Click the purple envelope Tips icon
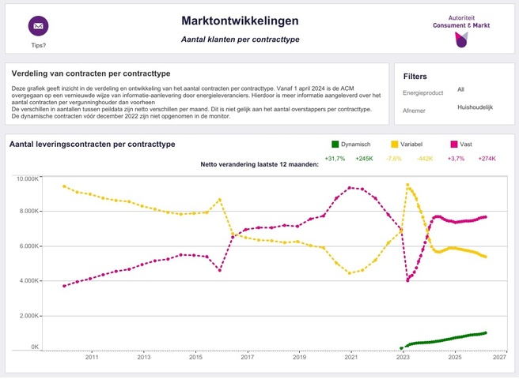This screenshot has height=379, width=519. pyautogui.click(x=38, y=25)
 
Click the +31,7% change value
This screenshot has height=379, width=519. pyautogui.click(x=335, y=159)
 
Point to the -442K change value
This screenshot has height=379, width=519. pyautogui.click(x=425, y=159)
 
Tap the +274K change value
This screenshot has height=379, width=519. pyautogui.click(x=487, y=159)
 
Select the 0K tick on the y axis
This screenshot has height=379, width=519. pyautogui.click(x=35, y=347)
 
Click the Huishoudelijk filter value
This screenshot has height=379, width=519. pyautogui.click(x=475, y=107)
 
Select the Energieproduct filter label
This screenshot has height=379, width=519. pyautogui.click(x=424, y=92)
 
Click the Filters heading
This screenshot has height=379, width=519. pyautogui.click(x=415, y=77)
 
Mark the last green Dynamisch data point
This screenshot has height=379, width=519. pyautogui.click(x=485, y=333)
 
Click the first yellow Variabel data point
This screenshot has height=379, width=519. pyautogui.click(x=64, y=186)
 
